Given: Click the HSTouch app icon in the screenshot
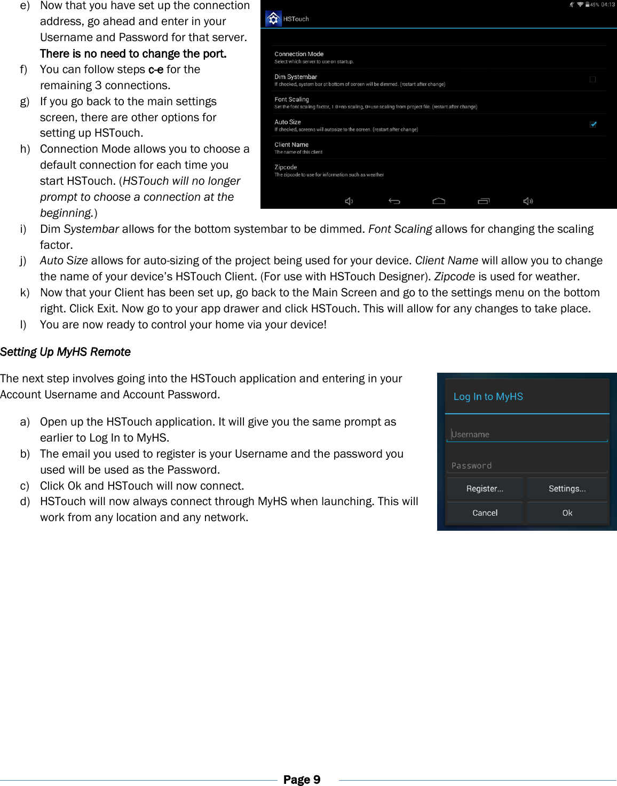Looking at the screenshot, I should (273, 19).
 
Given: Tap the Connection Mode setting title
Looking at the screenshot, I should (299, 54).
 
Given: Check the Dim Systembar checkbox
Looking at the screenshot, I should (592, 80).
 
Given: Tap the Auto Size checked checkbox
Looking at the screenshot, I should (593, 124).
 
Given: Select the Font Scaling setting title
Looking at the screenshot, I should (291, 99).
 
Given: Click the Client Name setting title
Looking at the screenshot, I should (291, 145).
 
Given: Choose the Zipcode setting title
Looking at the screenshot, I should (286, 167).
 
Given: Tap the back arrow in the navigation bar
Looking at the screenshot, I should (394, 201).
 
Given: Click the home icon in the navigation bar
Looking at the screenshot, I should (439, 201).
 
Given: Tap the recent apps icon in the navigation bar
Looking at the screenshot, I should (484, 201).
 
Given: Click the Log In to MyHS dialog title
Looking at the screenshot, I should (488, 397).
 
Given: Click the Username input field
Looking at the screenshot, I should (527, 435).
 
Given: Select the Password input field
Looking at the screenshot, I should (527, 466).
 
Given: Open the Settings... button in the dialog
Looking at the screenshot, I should (567, 489).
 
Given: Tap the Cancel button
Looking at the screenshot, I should (485, 513).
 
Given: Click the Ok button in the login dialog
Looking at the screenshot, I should (567, 513).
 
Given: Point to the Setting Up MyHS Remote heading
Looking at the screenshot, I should (65, 352).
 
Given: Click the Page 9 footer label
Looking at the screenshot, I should (302, 780).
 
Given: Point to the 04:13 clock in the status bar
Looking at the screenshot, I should (608, 5).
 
